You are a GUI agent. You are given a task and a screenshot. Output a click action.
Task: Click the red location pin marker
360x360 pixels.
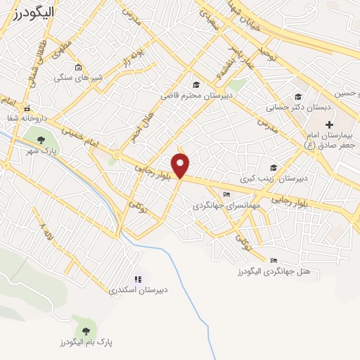point(181,166)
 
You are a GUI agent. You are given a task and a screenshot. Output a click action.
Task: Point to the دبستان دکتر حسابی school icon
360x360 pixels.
point(298,97)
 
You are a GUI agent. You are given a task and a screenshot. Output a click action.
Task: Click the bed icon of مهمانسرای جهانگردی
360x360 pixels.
point(226,195)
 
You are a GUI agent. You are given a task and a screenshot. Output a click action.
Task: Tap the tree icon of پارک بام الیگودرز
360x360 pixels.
point(86,330)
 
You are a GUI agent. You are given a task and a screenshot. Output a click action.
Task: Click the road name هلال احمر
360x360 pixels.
point(133,126)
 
